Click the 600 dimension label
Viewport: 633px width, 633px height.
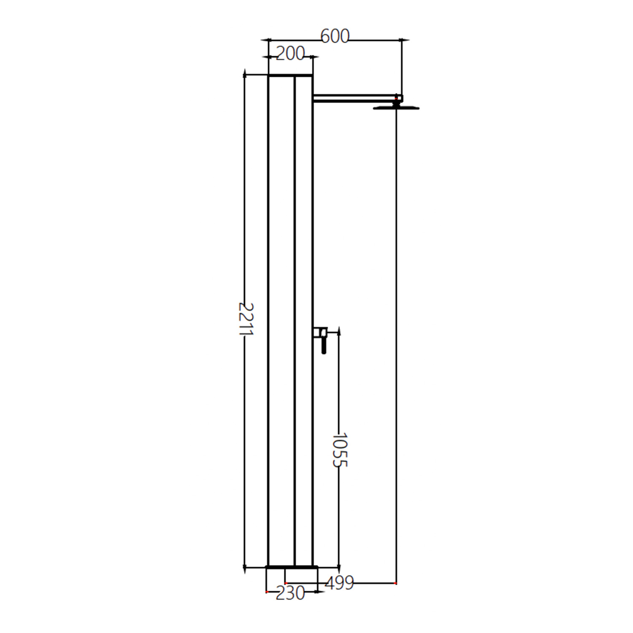point(335,37)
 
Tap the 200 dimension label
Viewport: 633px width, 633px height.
point(290,54)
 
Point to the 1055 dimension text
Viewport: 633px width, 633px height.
point(339,449)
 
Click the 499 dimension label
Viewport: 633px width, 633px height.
point(340,583)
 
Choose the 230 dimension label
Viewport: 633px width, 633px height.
point(290,593)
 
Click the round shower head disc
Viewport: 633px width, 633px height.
point(396,108)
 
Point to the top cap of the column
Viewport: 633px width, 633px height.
point(290,75)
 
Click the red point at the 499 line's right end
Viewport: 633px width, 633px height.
point(396,583)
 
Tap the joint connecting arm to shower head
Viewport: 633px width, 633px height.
point(396,100)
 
